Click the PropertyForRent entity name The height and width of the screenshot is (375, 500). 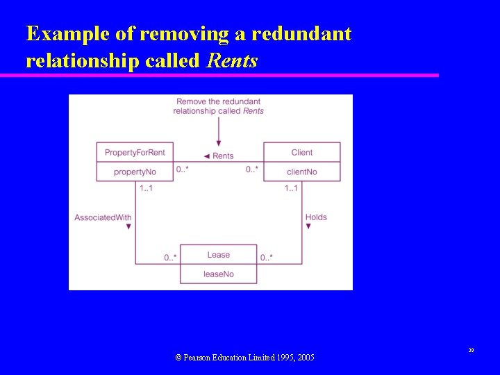click(135, 152)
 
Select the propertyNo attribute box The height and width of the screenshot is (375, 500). click(135, 172)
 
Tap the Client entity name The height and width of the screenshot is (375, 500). click(302, 152)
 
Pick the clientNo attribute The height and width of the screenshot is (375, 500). click(302, 172)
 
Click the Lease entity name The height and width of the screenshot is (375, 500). click(218, 255)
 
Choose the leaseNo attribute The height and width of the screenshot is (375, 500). click(218, 274)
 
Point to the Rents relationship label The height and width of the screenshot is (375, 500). click(223, 156)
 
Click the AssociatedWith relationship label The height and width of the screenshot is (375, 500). click(103, 217)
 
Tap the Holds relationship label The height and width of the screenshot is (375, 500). click(316, 217)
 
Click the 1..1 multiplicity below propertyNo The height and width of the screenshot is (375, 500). click(146, 188)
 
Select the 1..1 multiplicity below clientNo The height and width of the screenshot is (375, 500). click(291, 188)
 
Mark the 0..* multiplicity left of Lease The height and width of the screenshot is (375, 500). click(171, 258)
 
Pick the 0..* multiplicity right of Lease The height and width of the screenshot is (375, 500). click(267, 258)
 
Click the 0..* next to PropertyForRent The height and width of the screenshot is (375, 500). click(183, 169)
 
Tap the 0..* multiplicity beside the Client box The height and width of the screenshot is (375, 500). click(252, 169)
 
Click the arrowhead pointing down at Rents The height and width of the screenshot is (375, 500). click(219, 142)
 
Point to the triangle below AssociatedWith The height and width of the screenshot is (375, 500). click(128, 227)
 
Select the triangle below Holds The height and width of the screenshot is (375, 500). click(308, 227)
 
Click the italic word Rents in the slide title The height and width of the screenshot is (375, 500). click(232, 61)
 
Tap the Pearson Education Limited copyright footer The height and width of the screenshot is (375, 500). click(244, 357)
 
